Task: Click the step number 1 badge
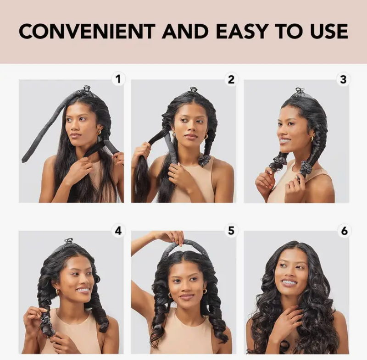click(x=118, y=79)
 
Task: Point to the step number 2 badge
click(x=231, y=79)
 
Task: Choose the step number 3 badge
click(x=343, y=79)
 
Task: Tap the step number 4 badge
click(x=118, y=231)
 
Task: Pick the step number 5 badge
click(x=231, y=231)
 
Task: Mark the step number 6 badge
click(x=343, y=231)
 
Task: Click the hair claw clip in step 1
click(x=85, y=89)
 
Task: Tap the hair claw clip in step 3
click(x=300, y=91)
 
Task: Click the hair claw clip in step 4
click(x=69, y=241)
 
